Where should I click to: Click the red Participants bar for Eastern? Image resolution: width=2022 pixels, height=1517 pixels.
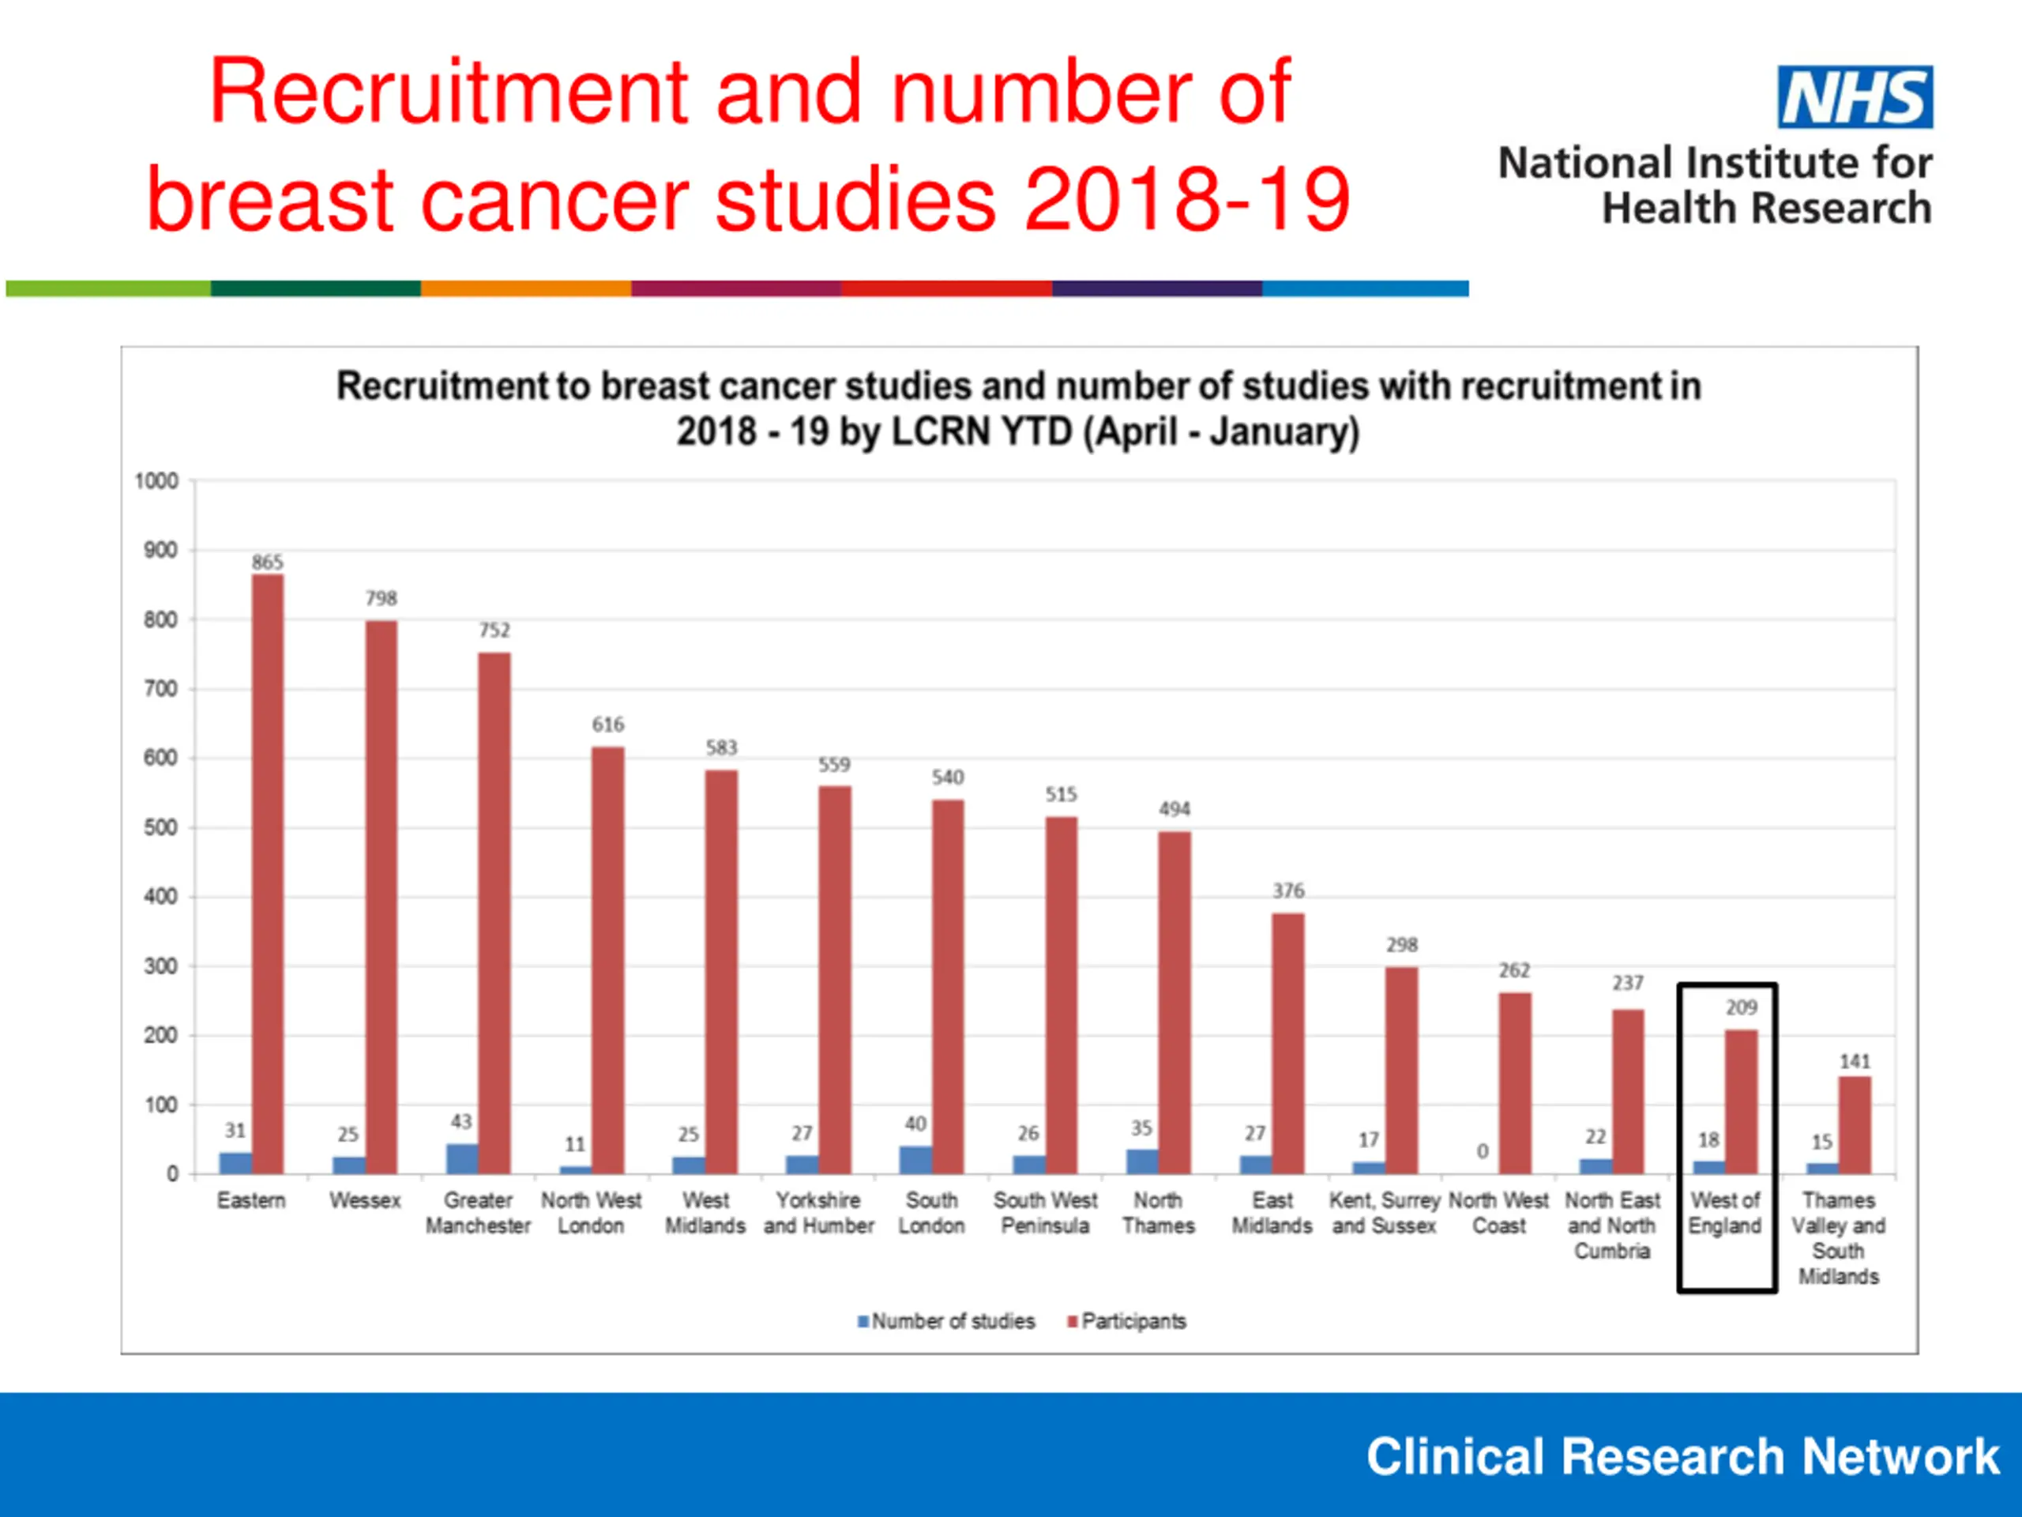(x=268, y=873)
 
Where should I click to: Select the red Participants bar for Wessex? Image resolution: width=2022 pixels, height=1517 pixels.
(x=381, y=896)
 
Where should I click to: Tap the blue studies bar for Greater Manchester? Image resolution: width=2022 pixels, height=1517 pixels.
(x=461, y=1158)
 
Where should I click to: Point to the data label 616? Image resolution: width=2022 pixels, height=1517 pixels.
(x=608, y=725)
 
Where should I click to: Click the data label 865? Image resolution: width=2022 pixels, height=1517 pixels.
(x=268, y=563)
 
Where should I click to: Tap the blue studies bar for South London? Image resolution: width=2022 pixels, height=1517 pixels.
(x=915, y=1159)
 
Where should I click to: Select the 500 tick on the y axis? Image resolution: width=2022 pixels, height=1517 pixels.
(x=160, y=827)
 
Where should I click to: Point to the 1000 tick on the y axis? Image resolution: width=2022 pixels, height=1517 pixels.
(x=156, y=481)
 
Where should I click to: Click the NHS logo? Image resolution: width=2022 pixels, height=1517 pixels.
(x=1855, y=97)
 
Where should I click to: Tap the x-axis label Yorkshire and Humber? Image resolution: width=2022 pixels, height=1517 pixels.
(x=819, y=1213)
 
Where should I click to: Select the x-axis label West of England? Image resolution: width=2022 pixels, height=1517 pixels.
(x=1725, y=1213)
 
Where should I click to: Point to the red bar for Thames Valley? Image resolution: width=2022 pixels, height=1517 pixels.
(x=1855, y=1125)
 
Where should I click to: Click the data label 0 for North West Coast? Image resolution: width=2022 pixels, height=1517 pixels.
(x=1483, y=1150)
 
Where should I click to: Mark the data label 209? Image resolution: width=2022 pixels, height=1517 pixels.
(x=1742, y=1007)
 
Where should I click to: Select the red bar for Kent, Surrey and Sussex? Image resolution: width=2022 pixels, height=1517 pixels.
(x=1401, y=1070)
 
